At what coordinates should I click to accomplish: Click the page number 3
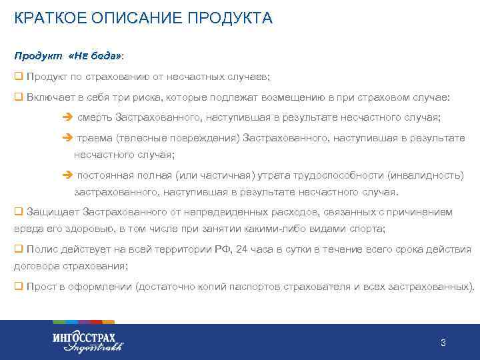click(x=443, y=343)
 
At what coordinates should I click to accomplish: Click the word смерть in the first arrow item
click(x=94, y=118)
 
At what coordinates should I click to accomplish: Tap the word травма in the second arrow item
click(x=94, y=139)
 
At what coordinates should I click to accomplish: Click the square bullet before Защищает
click(x=18, y=212)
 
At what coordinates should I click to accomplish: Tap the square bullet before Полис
click(x=18, y=249)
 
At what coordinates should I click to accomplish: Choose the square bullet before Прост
click(x=18, y=287)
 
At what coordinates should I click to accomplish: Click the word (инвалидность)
click(x=426, y=175)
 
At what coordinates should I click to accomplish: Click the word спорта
click(x=368, y=229)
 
